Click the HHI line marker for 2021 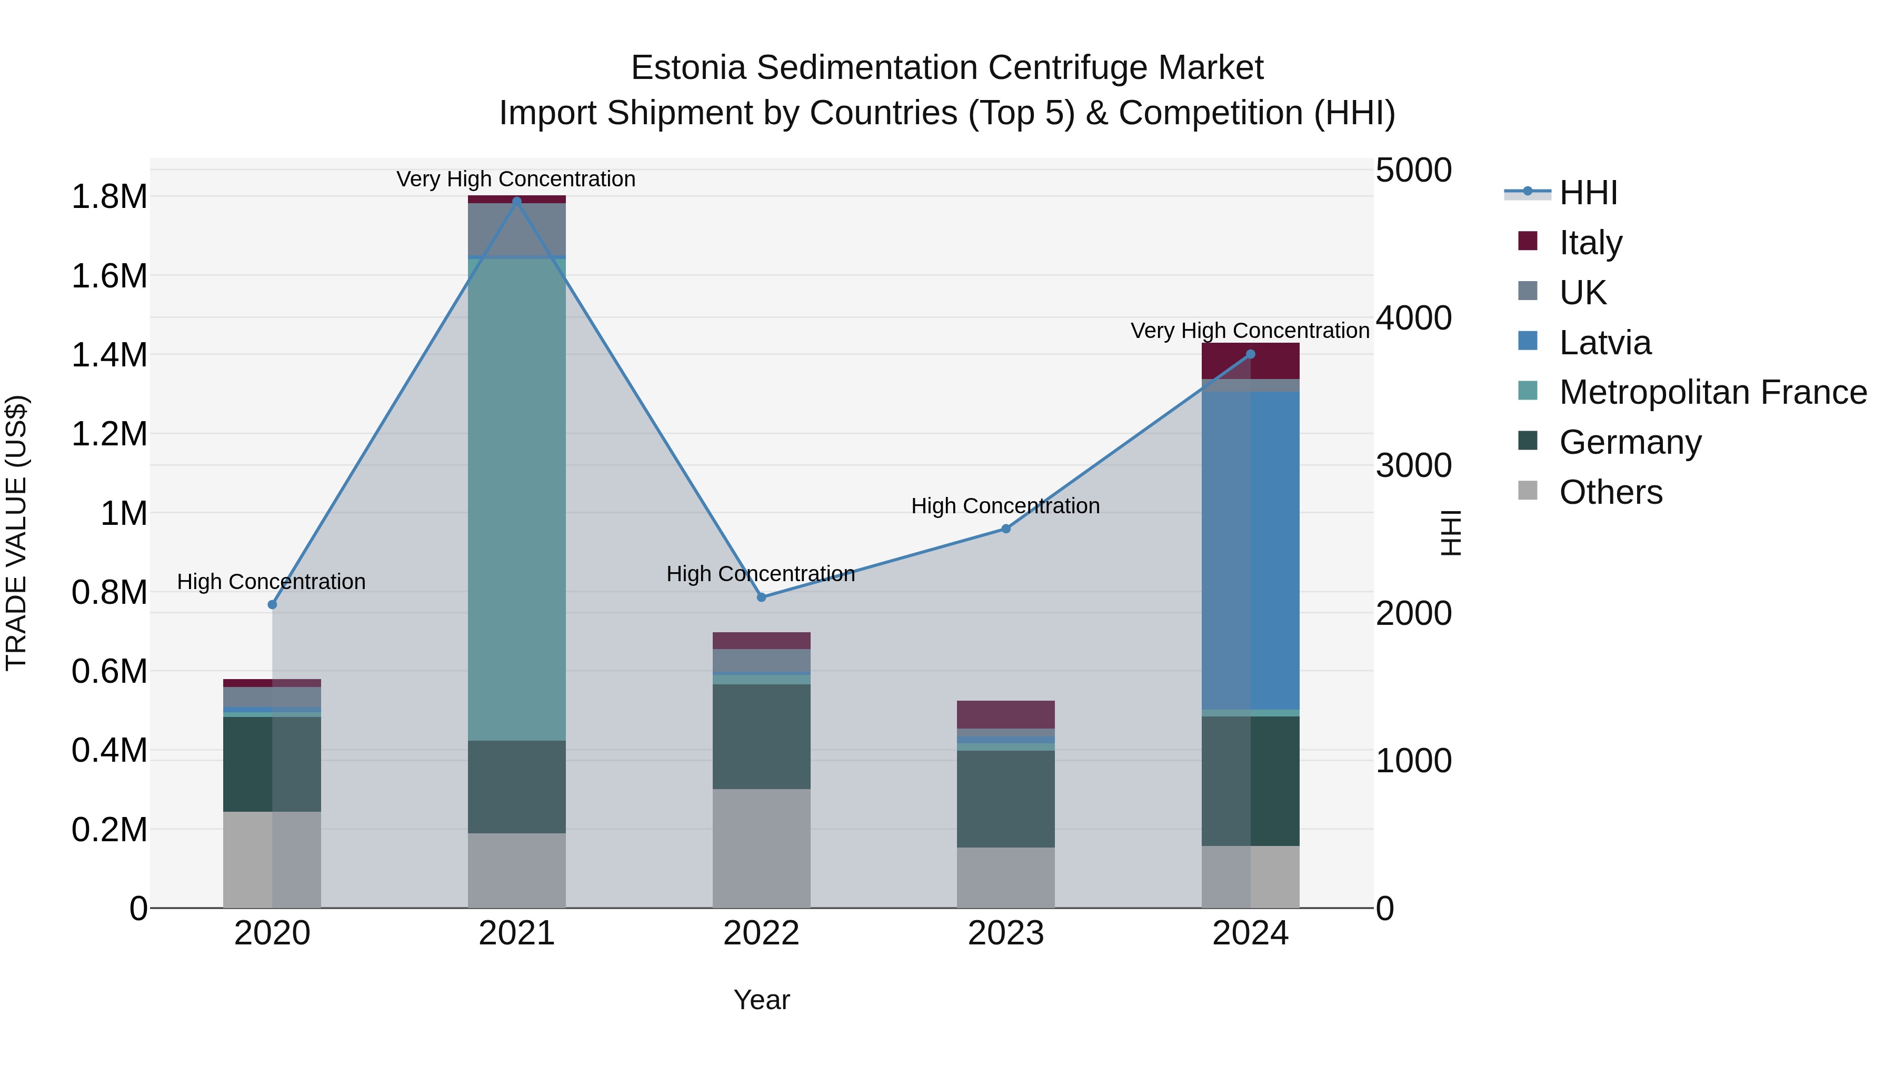coord(516,201)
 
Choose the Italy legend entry coord(1590,242)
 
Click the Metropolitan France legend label coord(1712,392)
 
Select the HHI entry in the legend coord(1588,193)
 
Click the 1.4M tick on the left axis coord(109,355)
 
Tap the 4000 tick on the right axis coord(1413,318)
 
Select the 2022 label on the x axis coord(761,933)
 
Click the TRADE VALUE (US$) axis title coord(16,533)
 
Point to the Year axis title coord(761,1000)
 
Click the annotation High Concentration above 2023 coord(1005,506)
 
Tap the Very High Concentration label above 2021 coord(516,179)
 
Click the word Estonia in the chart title coord(689,68)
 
